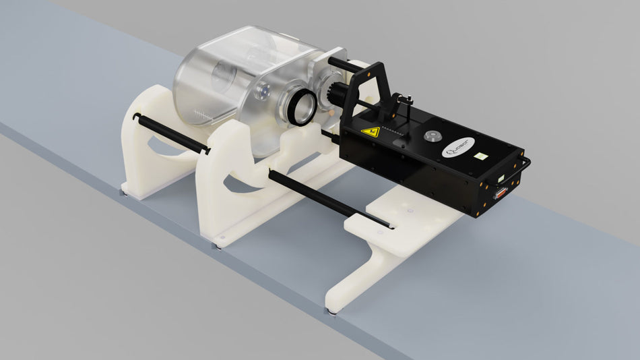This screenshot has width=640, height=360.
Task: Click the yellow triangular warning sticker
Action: pyautogui.click(x=369, y=132)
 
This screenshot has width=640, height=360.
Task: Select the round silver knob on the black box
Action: pyautogui.click(x=430, y=135)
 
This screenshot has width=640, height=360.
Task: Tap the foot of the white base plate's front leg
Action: pyautogui.click(x=333, y=311)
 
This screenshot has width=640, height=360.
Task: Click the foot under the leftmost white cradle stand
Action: pyautogui.click(x=123, y=192)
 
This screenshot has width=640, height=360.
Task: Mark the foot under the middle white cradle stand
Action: pyautogui.click(x=217, y=245)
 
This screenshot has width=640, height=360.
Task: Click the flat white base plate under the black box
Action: pyautogui.click(x=404, y=222)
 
